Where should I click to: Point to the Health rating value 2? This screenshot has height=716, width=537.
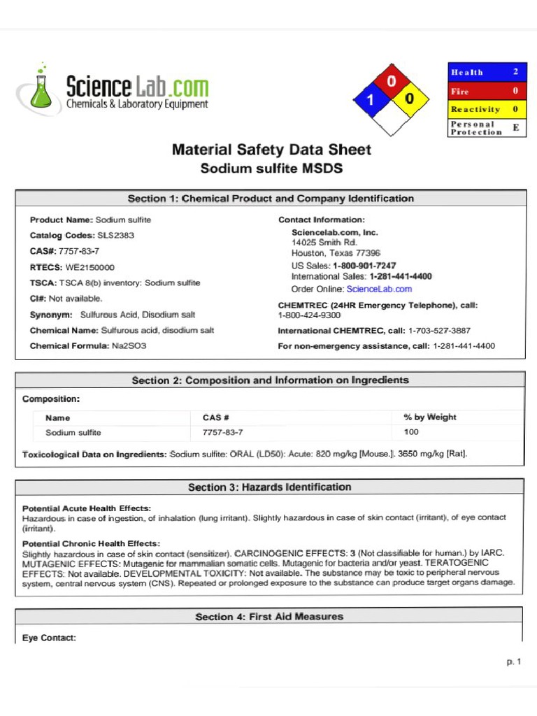tap(515, 72)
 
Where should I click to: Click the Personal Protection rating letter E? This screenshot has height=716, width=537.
tap(515, 128)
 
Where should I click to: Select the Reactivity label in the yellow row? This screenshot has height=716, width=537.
tap(475, 109)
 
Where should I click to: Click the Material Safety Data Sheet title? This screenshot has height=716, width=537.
tap(271, 150)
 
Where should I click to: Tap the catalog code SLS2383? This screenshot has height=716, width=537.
tap(115, 236)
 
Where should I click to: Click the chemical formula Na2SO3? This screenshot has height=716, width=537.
tap(129, 346)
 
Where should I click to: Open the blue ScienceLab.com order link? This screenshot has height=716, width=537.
tap(379, 289)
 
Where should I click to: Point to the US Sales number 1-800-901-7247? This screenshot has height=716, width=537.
tap(364, 266)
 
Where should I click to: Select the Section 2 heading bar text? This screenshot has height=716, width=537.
tap(270, 380)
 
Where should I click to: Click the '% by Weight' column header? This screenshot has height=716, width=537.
tap(429, 417)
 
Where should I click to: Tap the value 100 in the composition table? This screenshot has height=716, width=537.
tap(411, 432)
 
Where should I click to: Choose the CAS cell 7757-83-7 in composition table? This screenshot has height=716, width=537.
tap(222, 433)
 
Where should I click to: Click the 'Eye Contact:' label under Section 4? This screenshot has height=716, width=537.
tap(49, 638)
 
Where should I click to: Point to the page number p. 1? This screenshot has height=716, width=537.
tap(514, 661)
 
